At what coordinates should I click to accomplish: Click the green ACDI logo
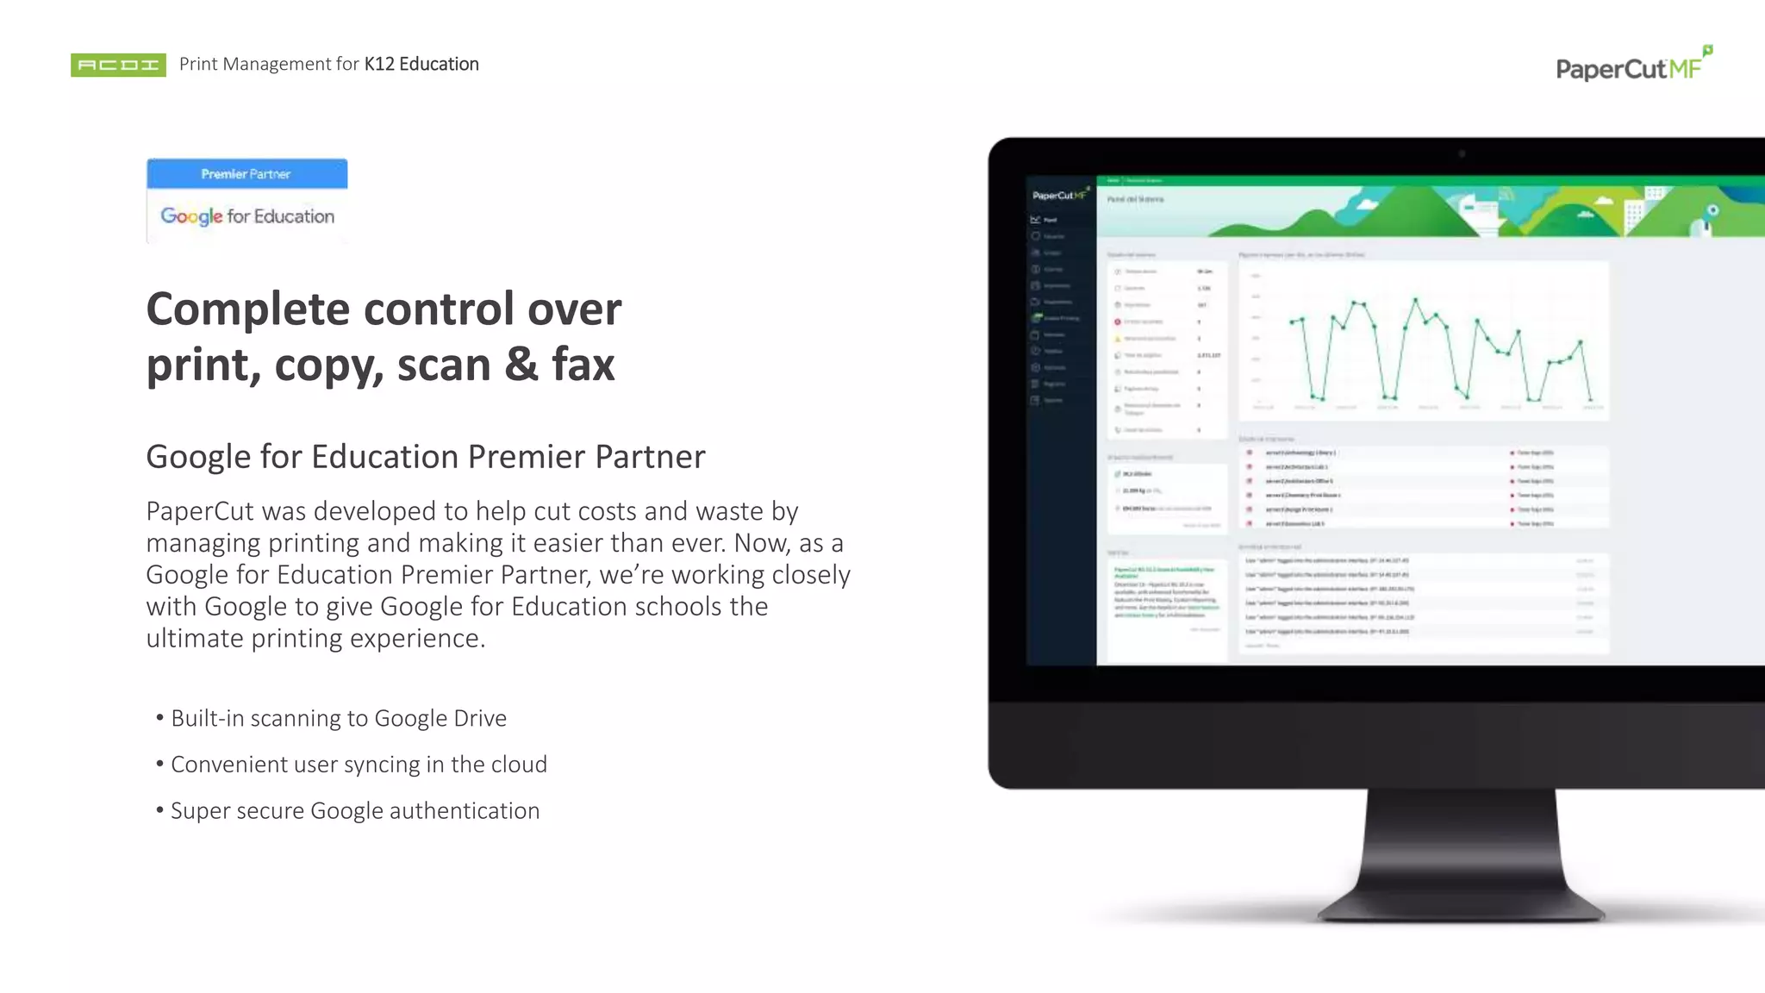118,65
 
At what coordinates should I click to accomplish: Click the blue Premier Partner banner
246,174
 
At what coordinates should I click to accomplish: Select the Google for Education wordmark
247,216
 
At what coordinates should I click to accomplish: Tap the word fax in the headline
583,365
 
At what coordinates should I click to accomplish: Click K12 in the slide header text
379,64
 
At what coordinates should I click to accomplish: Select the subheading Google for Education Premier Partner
425,457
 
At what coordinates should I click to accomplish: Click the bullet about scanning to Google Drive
338,718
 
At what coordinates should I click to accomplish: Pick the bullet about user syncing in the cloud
359,765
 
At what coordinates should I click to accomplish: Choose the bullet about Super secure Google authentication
354,811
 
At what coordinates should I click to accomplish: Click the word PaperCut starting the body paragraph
200,511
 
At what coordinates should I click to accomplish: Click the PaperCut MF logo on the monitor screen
1059,196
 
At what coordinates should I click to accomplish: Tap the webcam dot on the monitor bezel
1462,154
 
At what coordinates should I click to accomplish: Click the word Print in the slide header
198,64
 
